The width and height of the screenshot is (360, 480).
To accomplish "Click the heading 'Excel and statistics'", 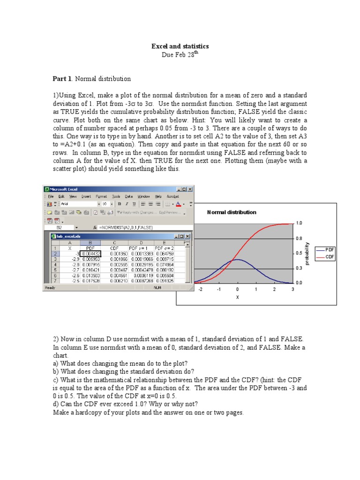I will [180, 46].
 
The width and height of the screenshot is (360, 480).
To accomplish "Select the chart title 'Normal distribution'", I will [232, 212].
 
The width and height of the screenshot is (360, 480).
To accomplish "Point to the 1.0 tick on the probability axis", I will [299, 223].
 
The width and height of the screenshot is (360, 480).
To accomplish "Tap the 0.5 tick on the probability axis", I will [299, 253].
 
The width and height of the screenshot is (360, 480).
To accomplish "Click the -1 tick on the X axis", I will [219, 289].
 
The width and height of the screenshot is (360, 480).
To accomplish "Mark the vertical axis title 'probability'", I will [307, 254].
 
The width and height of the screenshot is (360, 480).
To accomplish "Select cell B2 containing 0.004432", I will [91, 253].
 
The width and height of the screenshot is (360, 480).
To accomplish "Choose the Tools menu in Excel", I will [116, 196].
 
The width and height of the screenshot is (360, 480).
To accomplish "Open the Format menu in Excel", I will [101, 196].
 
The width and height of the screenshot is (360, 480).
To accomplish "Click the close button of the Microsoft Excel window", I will [190, 189].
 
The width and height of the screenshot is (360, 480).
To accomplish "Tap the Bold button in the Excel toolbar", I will [120, 204].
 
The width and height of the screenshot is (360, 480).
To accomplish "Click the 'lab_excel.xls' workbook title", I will [69, 236].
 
